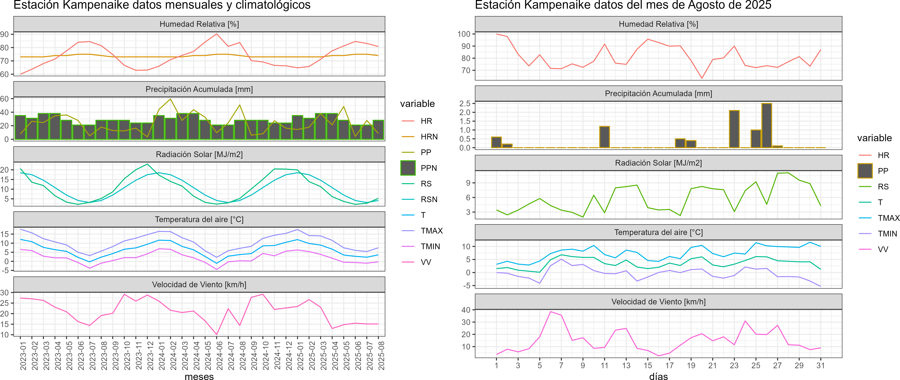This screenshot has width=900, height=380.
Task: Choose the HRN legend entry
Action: click(429, 137)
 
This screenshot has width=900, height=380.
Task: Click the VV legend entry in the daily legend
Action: click(883, 249)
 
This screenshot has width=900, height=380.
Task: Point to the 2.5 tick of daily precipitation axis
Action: click(465, 104)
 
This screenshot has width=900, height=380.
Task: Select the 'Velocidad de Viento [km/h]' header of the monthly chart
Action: click(199, 285)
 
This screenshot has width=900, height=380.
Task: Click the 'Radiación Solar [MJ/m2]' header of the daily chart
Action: click(658, 163)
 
